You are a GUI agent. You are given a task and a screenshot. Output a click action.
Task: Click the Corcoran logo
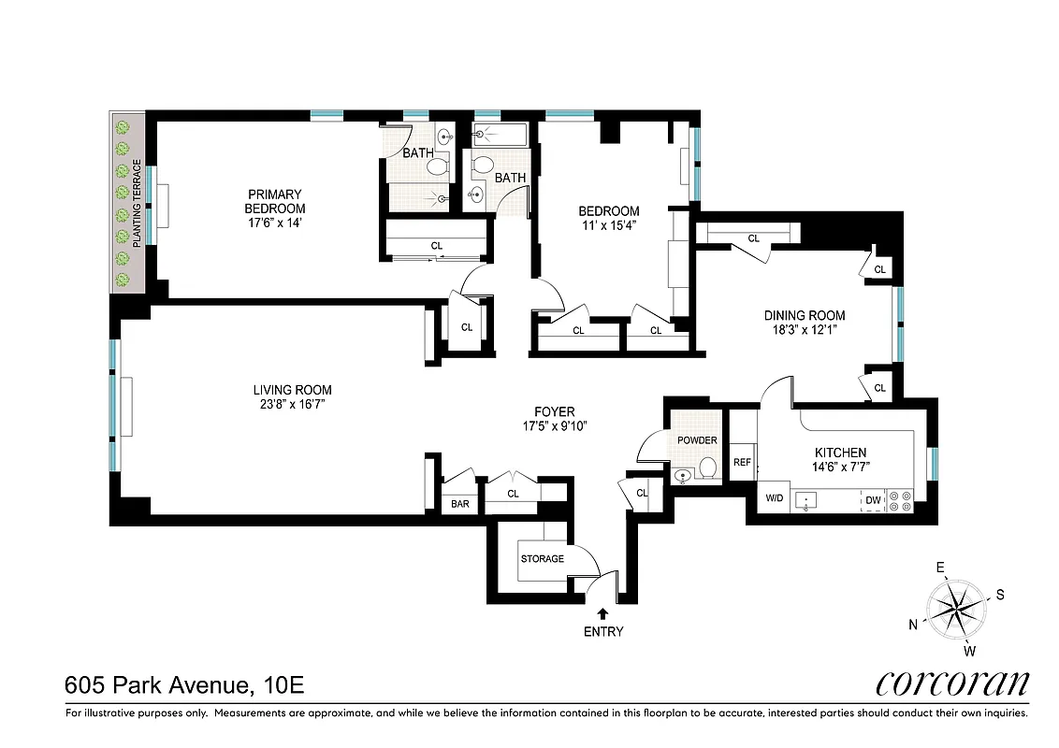(952, 683)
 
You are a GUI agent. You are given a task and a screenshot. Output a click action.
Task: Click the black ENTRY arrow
(602, 613)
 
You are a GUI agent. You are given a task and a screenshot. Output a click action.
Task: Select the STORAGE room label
(543, 559)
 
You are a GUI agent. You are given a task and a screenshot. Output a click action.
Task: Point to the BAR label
(460, 504)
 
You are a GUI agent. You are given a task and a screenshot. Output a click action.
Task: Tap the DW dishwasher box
(873, 500)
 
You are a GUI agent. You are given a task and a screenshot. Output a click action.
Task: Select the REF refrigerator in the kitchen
(742, 462)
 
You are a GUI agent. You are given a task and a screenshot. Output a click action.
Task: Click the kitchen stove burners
(899, 500)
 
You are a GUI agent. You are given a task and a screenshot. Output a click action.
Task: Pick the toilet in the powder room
(707, 467)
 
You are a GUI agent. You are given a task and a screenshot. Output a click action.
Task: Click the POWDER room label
(697, 440)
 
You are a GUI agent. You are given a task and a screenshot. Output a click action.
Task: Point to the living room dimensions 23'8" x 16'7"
(292, 404)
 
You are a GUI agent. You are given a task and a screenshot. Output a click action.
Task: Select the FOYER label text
(554, 411)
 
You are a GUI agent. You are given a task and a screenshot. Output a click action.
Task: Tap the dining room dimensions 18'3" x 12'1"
(804, 329)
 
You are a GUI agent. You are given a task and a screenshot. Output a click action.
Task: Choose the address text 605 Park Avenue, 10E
(184, 685)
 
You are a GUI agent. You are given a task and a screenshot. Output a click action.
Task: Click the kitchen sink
(805, 500)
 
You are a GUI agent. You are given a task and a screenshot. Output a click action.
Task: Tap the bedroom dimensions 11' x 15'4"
(608, 225)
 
